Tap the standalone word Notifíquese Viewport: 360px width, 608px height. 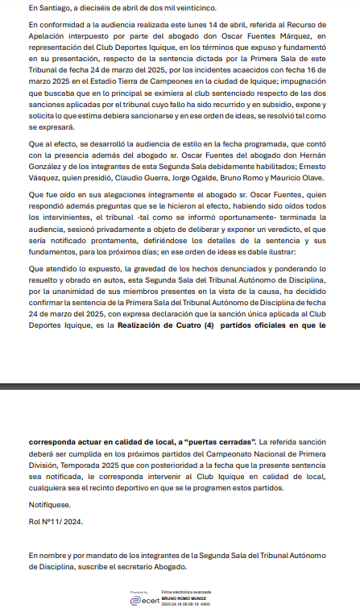49,505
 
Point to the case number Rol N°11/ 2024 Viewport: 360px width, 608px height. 56,523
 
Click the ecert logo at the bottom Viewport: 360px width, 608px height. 148,598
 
